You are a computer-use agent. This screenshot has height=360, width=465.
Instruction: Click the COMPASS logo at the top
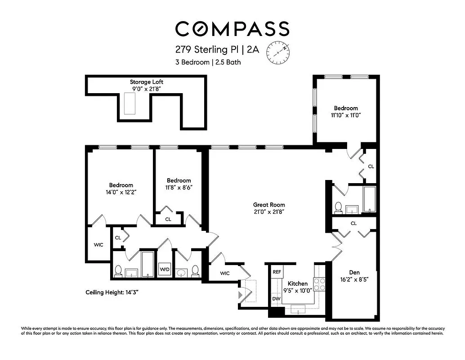click(232, 28)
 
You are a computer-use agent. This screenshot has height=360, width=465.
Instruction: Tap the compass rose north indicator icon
click(278, 52)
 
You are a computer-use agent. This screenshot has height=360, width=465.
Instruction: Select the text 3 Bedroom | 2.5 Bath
click(208, 63)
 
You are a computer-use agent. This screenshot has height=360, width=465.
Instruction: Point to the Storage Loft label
click(147, 82)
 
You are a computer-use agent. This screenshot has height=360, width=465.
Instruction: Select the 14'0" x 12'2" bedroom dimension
click(121, 192)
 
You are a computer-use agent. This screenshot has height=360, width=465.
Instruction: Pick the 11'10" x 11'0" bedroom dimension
click(345, 115)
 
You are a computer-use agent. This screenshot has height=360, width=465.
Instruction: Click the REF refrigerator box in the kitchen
click(277, 272)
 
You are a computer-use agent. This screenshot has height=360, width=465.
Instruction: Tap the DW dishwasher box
click(275, 298)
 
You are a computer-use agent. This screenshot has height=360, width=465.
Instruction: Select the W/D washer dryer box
click(165, 270)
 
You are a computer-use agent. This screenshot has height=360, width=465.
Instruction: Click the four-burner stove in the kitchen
click(319, 284)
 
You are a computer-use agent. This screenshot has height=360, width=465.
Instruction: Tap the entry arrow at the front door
click(241, 294)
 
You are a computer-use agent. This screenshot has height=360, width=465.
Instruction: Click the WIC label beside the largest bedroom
click(98, 245)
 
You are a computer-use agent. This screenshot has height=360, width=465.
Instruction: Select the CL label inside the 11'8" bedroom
click(168, 219)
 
